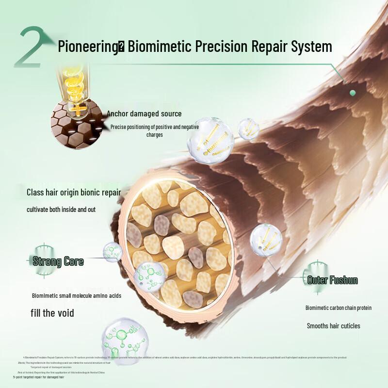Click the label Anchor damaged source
(x=144, y=114)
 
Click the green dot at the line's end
(x=353, y=93)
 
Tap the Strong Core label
(x=58, y=262)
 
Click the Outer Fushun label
(x=332, y=280)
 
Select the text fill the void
(x=53, y=313)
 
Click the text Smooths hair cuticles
(x=333, y=326)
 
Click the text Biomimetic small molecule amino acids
(x=76, y=296)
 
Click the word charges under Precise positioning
(x=155, y=135)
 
